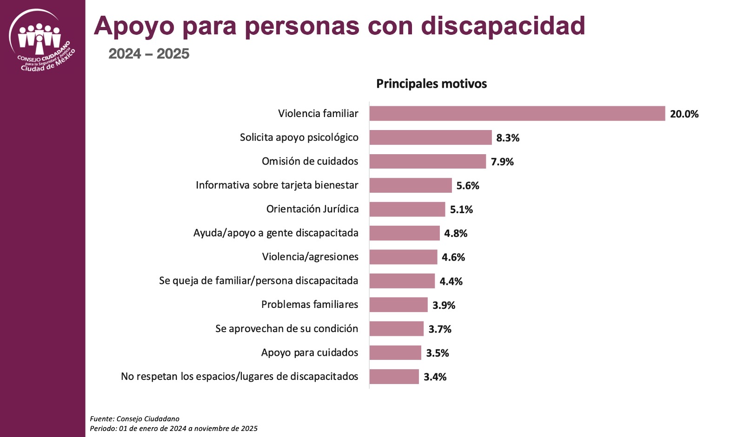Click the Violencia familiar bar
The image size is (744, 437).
517,114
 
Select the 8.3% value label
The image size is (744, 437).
507,138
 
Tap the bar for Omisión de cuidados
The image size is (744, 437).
427,162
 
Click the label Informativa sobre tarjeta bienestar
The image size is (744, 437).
277,185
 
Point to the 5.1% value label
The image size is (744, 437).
461,209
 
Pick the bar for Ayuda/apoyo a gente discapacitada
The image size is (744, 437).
404,233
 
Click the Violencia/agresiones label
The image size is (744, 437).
310,257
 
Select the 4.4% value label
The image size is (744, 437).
451,281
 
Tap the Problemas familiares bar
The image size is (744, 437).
398,305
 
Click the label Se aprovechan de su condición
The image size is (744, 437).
286,329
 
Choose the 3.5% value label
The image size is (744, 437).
437,353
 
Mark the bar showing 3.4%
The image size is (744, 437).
394,377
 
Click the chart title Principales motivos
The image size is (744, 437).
431,84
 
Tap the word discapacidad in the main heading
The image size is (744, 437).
503,26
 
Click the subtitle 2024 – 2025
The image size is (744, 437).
149,54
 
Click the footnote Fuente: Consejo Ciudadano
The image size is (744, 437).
134,419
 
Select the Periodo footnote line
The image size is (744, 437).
173,429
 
